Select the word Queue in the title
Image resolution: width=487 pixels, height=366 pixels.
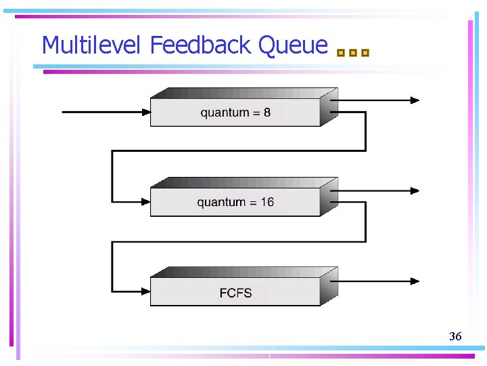pos(293,46)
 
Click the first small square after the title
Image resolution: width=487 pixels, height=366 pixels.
pos(341,52)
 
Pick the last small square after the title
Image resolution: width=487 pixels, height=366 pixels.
pos(365,52)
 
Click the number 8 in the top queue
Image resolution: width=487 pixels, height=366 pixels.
pos(267,113)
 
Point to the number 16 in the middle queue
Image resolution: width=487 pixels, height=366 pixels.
pos(266,202)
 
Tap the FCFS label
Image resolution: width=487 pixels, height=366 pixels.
pos(235,293)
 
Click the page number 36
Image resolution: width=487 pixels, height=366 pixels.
pos(455,336)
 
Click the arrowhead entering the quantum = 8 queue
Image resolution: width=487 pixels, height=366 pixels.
pos(145,112)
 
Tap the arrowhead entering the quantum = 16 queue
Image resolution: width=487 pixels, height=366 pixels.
pos(145,201)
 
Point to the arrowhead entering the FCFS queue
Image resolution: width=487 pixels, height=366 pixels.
pos(145,291)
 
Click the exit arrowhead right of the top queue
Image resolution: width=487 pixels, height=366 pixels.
pos(414,100)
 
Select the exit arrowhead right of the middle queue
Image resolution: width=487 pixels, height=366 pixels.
pos(414,191)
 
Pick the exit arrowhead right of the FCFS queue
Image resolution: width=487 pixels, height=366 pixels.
pos(414,281)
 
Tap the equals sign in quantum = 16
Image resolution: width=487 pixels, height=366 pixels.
pos(253,202)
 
